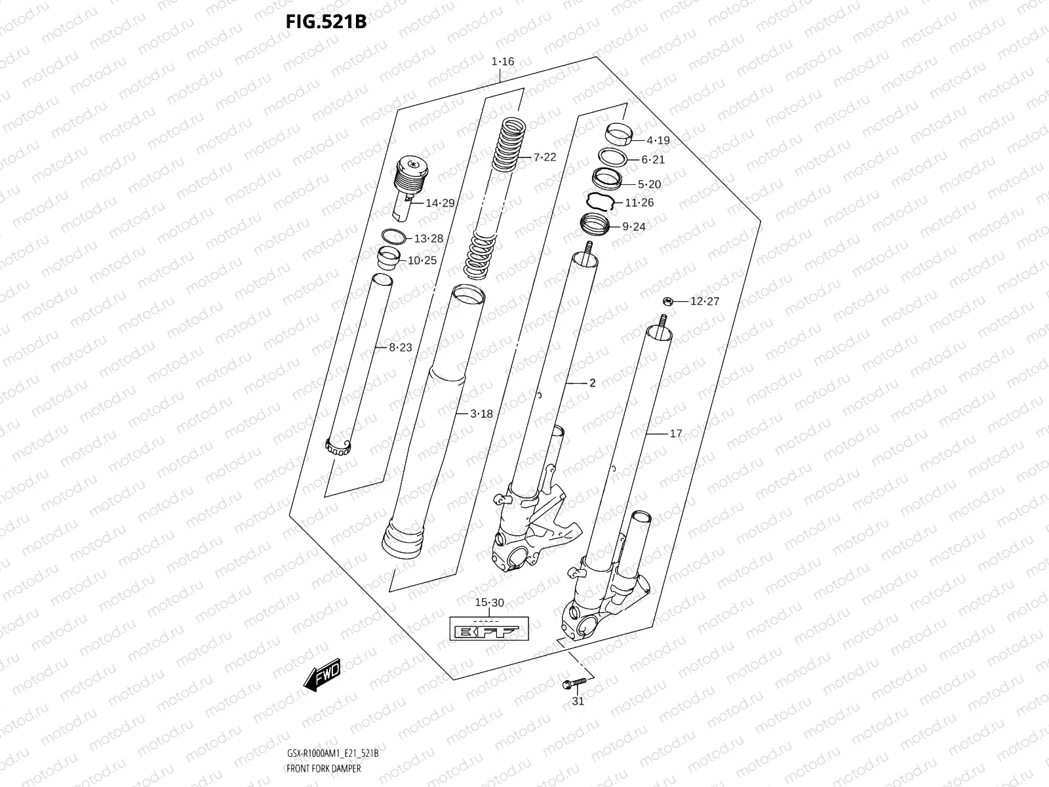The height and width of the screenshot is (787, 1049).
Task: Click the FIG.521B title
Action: tap(325, 22)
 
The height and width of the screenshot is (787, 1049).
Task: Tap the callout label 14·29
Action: tap(440, 203)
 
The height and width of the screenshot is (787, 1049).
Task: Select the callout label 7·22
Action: tap(544, 157)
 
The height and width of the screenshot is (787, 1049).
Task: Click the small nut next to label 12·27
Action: tap(666, 301)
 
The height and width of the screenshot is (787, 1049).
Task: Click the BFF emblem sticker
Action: tap(488, 630)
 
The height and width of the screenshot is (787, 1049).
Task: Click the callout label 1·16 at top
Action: tap(503, 62)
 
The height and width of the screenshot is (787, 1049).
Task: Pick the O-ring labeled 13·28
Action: tap(393, 236)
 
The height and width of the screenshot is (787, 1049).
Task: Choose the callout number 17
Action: tap(675, 434)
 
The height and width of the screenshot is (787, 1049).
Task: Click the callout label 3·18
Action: tap(481, 414)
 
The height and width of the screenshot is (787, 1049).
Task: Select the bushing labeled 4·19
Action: tap(620, 133)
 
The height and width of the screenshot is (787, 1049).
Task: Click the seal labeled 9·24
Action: tap(596, 226)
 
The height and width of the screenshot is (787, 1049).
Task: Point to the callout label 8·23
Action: tap(400, 348)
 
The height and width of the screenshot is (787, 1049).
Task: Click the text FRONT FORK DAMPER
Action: tap(323, 768)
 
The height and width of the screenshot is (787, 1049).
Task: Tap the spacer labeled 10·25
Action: tap(389, 258)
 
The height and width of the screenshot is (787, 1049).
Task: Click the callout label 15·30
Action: tap(489, 603)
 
